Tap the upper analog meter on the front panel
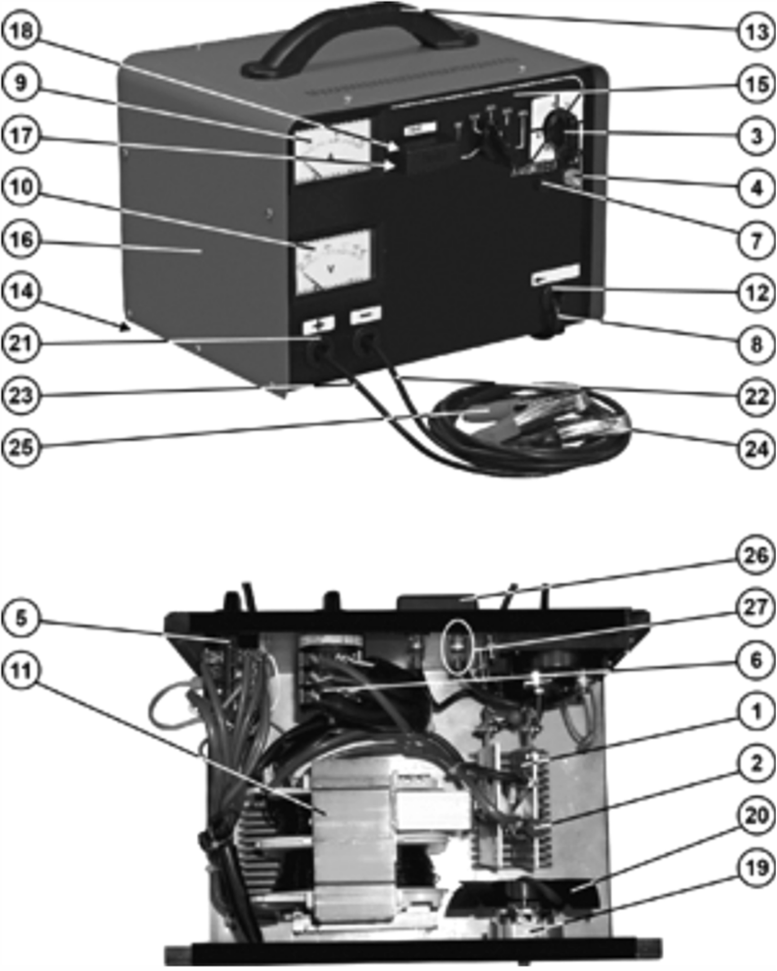click(332, 151)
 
